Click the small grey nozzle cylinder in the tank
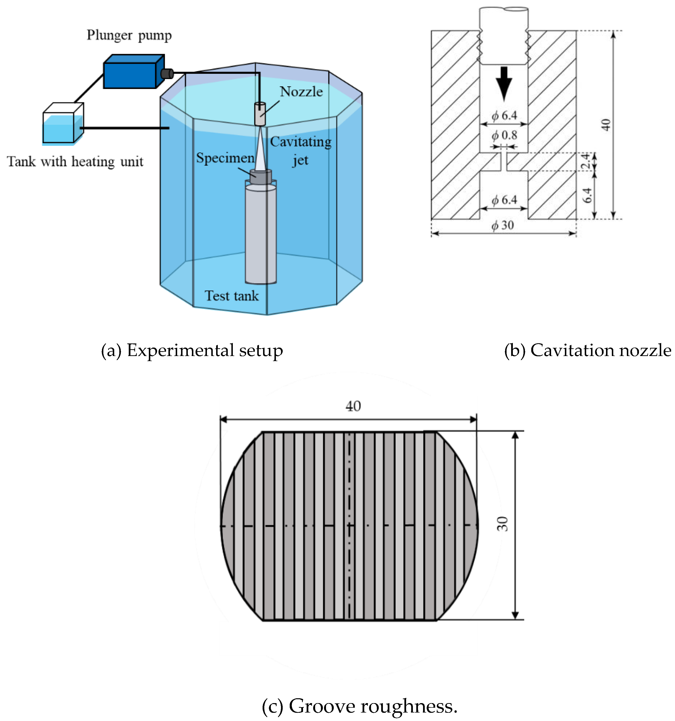click(x=260, y=114)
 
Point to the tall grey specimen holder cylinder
click(x=261, y=234)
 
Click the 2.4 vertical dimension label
click(x=585, y=161)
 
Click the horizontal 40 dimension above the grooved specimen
click(x=353, y=406)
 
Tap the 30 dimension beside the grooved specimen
click(x=502, y=524)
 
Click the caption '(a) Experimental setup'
click(x=192, y=351)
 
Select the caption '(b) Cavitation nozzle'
click(x=587, y=351)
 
